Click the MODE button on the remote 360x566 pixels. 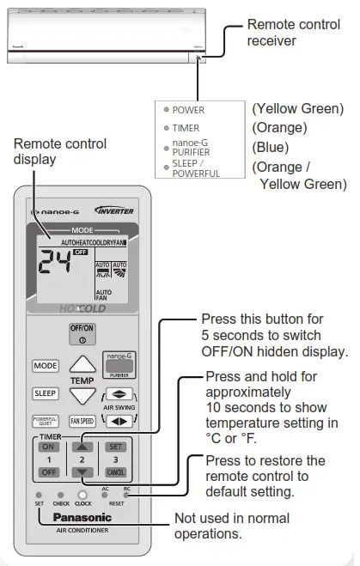tap(46, 365)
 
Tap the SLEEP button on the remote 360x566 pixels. tap(46, 393)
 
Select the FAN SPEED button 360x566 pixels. tap(82, 422)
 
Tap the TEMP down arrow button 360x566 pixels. tap(82, 395)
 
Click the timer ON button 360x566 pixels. tap(47, 447)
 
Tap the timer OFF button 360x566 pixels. tap(47, 472)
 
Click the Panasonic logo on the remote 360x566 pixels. tap(82, 517)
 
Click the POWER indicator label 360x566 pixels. tap(188, 110)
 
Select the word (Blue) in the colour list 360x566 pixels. tap(270, 147)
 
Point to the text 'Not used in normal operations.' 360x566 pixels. tap(232, 525)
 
